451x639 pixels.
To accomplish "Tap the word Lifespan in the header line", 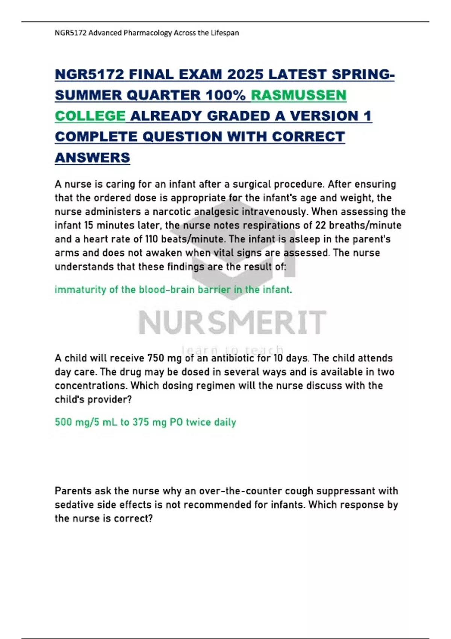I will tap(224, 33).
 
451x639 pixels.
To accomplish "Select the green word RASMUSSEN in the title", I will tap(298, 95).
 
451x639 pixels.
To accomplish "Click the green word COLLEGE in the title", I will tap(90, 116).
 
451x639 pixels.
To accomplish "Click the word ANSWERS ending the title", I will tap(92, 157).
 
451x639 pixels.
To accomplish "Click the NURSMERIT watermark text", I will tap(232, 323).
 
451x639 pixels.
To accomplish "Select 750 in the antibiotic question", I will tap(155, 358).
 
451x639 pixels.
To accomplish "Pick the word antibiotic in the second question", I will tap(233, 358).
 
